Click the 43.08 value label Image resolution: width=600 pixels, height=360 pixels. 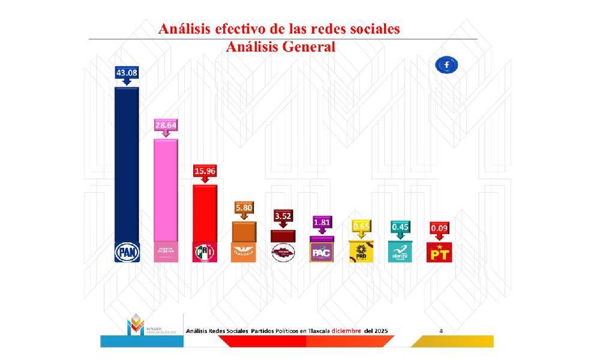pos(127,73)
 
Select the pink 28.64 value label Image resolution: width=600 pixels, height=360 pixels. pos(166,125)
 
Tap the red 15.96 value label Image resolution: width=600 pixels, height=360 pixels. pos(204,170)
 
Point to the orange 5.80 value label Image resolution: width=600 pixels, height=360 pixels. pos(244,207)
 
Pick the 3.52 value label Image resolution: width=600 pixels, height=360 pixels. pos(283,215)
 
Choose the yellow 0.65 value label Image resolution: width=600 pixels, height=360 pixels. pos(361,226)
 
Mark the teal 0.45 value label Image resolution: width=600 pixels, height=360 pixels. pos(400,226)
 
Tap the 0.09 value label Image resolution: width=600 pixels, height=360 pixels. pos(439,228)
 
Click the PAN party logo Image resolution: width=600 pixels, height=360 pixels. pos(127,252)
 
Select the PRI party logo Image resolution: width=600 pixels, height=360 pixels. pos(204,252)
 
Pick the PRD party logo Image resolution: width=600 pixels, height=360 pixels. pos(361,252)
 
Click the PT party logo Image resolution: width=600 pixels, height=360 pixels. pos(439,253)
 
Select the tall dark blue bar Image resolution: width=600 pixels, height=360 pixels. pos(127,162)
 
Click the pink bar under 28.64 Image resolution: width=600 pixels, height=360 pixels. pos(166,189)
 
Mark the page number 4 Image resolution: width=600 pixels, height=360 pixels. pos(441,331)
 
